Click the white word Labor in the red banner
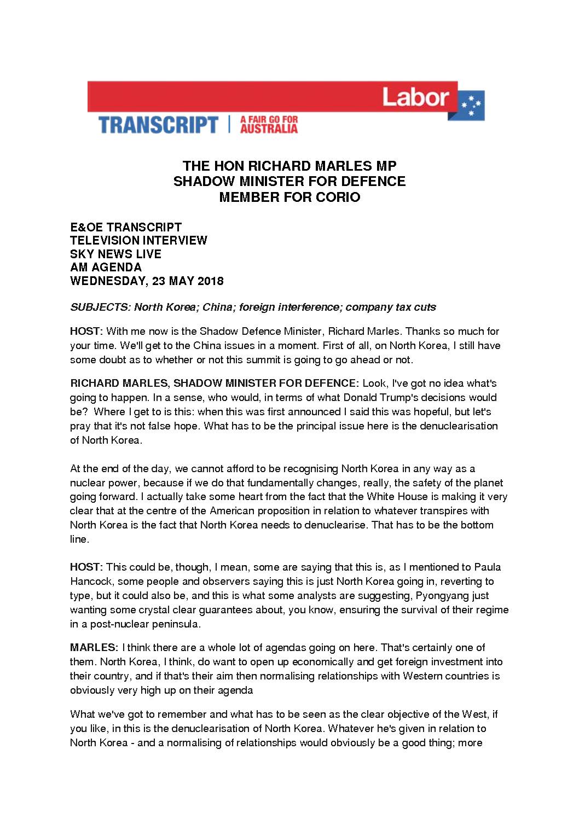[415, 98]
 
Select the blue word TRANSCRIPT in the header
[158, 125]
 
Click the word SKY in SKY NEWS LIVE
[81, 254]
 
